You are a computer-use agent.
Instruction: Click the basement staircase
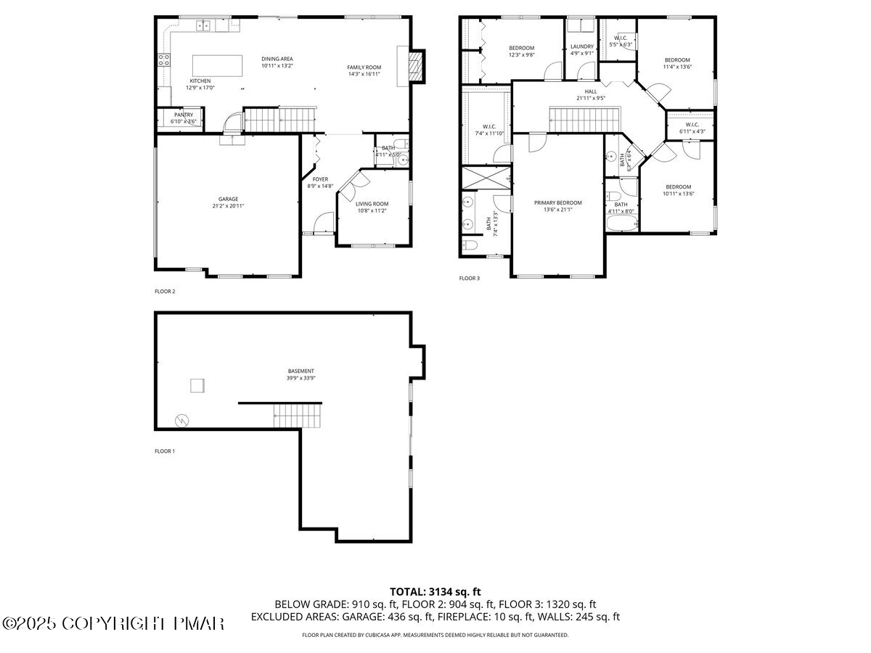pos(296,416)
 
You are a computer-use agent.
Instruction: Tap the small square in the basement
pos(197,385)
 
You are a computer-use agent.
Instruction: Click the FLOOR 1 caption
pos(165,451)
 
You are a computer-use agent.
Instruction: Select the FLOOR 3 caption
pos(469,278)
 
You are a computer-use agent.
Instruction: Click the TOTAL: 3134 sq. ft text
pos(435,591)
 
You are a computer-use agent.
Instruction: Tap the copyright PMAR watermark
pos(114,623)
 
